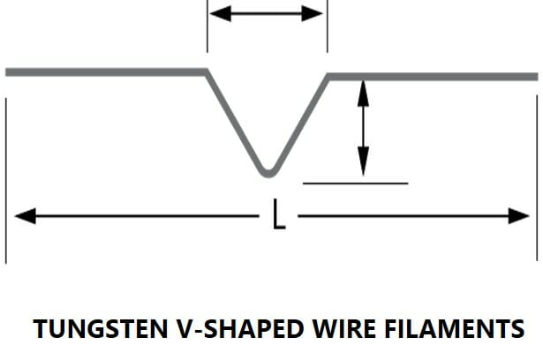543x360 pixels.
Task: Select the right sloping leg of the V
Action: (x=299, y=121)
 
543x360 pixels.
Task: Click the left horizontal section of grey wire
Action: (x=106, y=71)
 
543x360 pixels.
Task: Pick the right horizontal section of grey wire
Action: (x=433, y=76)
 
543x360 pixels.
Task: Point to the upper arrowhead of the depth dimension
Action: (x=362, y=87)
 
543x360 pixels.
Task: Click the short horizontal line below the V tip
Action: (x=355, y=184)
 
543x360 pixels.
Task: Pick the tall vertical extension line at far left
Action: (x=6, y=176)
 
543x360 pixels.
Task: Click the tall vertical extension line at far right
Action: (x=538, y=176)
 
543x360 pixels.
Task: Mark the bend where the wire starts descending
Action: (x=207, y=72)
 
